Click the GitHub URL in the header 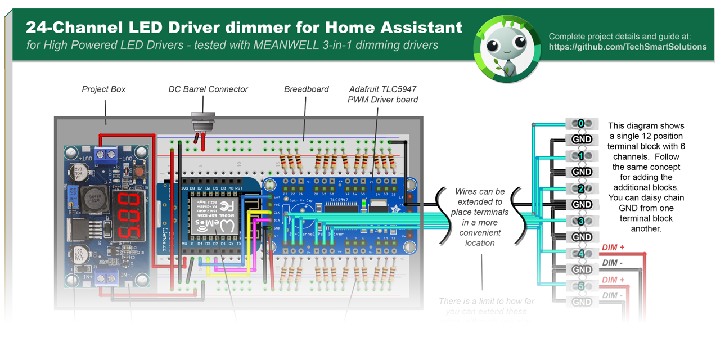click(628, 47)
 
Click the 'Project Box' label click(103, 89)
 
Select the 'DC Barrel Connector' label click(208, 89)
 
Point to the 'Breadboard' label click(306, 89)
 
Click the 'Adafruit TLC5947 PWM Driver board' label click(382, 94)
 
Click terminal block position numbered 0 click(582, 123)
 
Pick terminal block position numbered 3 click(582, 221)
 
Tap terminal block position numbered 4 click(582, 254)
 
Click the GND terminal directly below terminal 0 click(582, 139)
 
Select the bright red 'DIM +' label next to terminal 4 click(617, 247)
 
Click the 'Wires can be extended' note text click(480, 217)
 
